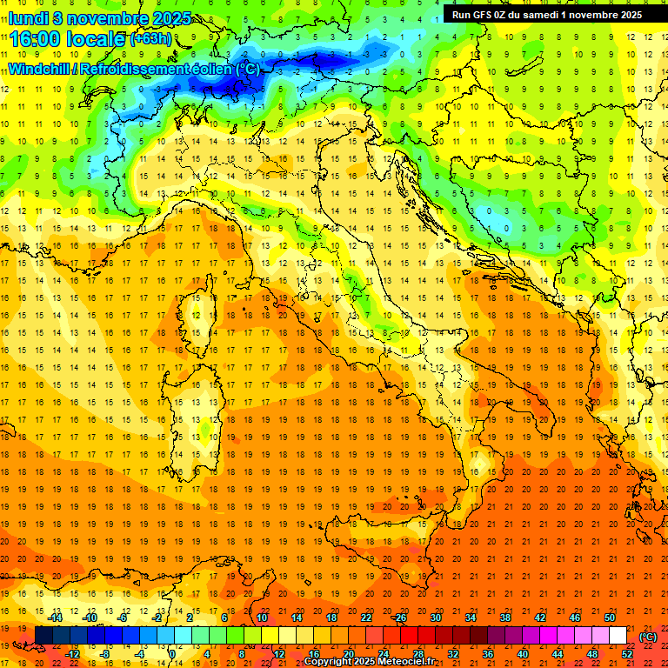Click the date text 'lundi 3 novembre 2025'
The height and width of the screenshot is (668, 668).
(x=99, y=18)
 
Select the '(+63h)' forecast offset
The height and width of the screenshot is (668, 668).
(x=150, y=39)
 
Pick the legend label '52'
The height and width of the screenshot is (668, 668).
(x=627, y=653)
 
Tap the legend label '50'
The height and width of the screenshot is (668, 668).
(x=609, y=618)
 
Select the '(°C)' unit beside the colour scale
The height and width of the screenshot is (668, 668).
(x=648, y=637)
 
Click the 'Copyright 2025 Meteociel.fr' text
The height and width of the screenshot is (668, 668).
(x=369, y=662)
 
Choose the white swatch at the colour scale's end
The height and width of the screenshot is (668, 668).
(x=618, y=636)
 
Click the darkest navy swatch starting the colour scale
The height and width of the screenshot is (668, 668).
(x=43, y=636)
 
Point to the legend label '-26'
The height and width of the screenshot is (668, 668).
(x=400, y=618)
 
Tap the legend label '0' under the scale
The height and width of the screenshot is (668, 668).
(x=172, y=653)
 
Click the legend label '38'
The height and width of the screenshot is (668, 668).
(x=504, y=618)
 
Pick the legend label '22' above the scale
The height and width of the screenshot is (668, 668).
(x=365, y=618)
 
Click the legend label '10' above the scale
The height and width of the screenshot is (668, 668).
(x=262, y=618)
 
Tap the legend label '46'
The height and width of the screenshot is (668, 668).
(x=574, y=618)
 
